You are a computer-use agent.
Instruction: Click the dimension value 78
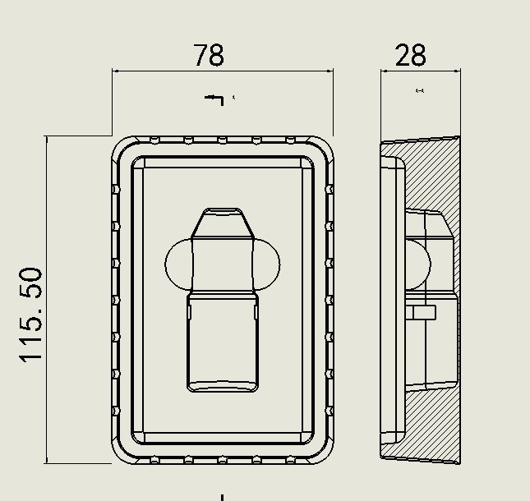pos(209,55)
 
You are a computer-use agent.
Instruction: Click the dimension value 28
pos(410,55)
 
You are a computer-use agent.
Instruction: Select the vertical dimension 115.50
pos(31,315)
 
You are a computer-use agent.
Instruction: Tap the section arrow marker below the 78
pos(214,100)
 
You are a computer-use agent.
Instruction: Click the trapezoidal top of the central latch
pos(223,223)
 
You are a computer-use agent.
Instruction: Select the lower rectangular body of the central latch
pos(223,342)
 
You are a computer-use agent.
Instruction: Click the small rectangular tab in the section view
pos(423,312)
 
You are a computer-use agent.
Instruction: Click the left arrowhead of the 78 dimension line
pos(116,71)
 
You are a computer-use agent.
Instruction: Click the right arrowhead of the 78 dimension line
pos(330,71)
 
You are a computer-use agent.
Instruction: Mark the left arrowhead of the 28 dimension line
pos(385,71)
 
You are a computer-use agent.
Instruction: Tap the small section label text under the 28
pos(420,90)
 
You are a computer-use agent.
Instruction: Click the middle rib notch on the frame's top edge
pos(222,140)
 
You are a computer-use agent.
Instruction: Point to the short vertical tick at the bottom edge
pos(222,498)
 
